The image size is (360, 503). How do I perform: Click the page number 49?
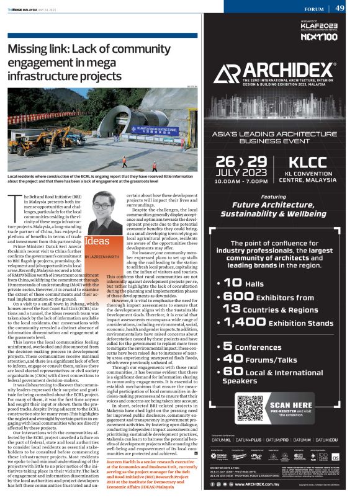pyautogui.click(x=340, y=8)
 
